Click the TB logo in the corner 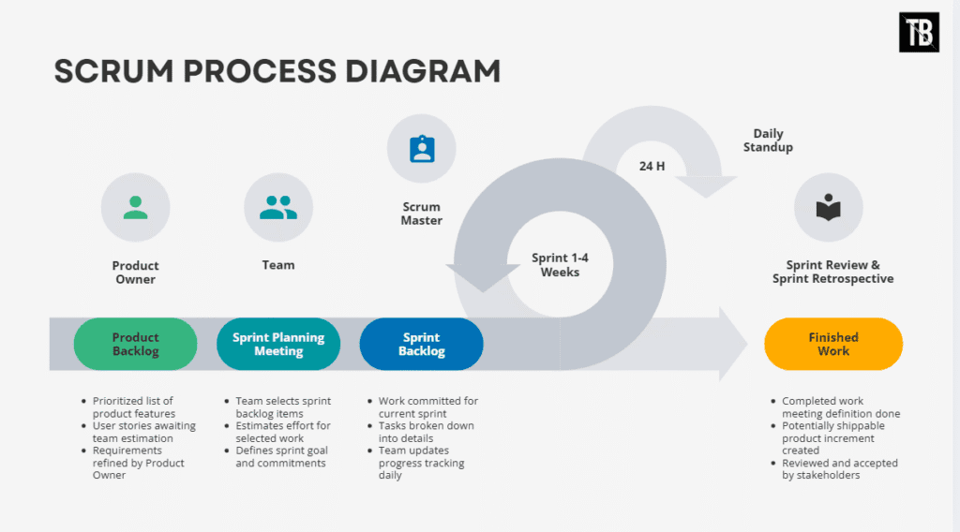pyautogui.click(x=919, y=33)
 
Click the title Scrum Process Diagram pyautogui.click(x=277, y=71)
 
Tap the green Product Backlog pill pyautogui.click(x=136, y=344)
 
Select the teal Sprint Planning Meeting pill pyautogui.click(x=278, y=344)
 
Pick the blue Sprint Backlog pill pyautogui.click(x=421, y=344)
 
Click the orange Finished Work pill pyautogui.click(x=832, y=344)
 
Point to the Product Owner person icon pyautogui.click(x=136, y=208)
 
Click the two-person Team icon pyautogui.click(x=278, y=208)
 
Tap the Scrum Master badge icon pyautogui.click(x=421, y=149)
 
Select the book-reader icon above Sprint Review pyautogui.click(x=828, y=208)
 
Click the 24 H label pyautogui.click(x=652, y=166)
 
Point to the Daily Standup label pyautogui.click(x=768, y=140)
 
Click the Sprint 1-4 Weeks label pyautogui.click(x=560, y=265)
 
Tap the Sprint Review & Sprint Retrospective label pyautogui.click(x=832, y=272)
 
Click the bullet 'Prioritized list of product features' pyautogui.click(x=133, y=407)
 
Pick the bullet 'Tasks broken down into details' pyautogui.click(x=426, y=432)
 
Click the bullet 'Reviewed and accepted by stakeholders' pyautogui.click(x=839, y=468)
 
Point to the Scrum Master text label pyautogui.click(x=421, y=214)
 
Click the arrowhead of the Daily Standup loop pyautogui.click(x=706, y=186)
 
